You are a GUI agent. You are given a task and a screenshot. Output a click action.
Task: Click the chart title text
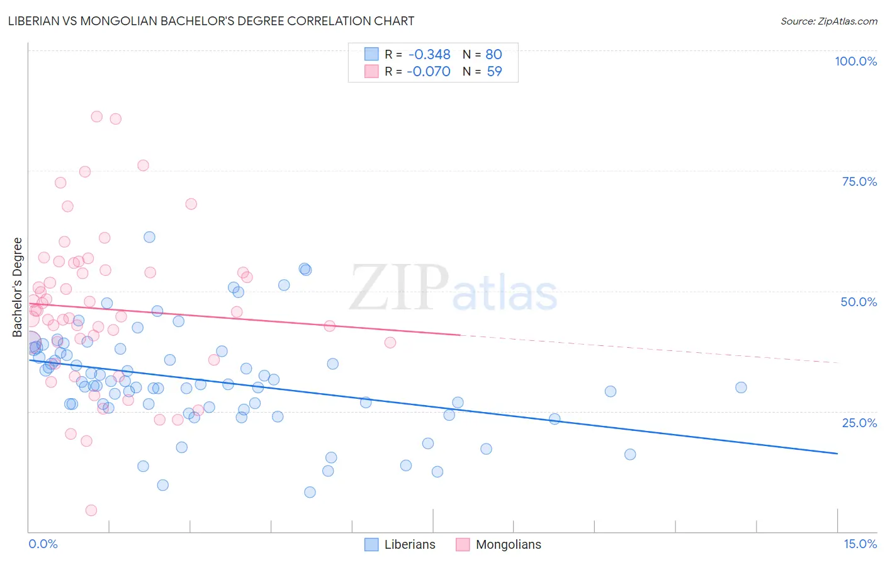pyautogui.click(x=211, y=21)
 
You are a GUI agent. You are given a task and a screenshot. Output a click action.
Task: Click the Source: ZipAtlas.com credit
pyautogui.click(x=828, y=21)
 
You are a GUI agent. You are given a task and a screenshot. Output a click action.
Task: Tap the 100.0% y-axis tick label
pyautogui.click(x=855, y=61)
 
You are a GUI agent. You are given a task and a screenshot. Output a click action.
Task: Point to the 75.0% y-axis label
pyautogui.click(x=859, y=181)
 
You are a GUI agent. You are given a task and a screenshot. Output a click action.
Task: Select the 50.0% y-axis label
pyautogui.click(x=859, y=302)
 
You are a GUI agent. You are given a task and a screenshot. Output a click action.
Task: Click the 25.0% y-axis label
pyautogui.click(x=859, y=422)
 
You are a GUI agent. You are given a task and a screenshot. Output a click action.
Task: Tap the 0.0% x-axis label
pyautogui.click(x=43, y=544)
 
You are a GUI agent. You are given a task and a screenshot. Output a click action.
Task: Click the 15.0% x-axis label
pyautogui.click(x=859, y=544)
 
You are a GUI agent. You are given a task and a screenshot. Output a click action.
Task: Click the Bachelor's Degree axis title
pyautogui.click(x=18, y=287)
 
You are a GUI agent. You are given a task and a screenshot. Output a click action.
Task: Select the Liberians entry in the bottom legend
pyautogui.click(x=409, y=544)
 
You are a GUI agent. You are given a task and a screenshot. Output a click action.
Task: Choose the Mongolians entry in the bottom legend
pyautogui.click(x=508, y=544)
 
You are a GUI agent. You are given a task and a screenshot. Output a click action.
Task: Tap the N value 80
pyautogui.click(x=493, y=55)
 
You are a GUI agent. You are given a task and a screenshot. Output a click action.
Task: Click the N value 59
pyautogui.click(x=494, y=71)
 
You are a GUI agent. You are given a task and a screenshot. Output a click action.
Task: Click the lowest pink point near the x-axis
pyautogui.click(x=91, y=510)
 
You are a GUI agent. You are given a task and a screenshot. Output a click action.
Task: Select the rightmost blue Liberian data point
pyautogui.click(x=741, y=387)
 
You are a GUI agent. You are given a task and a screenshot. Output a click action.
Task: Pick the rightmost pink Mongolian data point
pyautogui.click(x=390, y=343)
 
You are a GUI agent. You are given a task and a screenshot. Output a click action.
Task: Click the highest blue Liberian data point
pyautogui.click(x=149, y=237)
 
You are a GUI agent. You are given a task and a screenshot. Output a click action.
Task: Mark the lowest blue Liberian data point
pyautogui.click(x=310, y=492)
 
